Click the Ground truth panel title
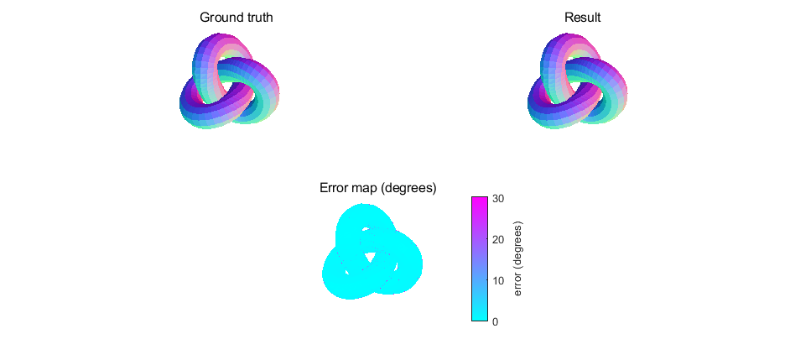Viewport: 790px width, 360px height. pyautogui.click(x=236, y=18)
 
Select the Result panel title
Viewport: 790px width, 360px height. pyautogui.click(x=582, y=18)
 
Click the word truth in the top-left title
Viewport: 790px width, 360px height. pyautogui.click(x=256, y=18)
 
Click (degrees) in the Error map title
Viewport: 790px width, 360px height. pyautogui.click(x=408, y=188)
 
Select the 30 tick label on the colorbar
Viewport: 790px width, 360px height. pyautogui.click(x=498, y=199)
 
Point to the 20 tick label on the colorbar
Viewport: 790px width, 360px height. pyautogui.click(x=498, y=240)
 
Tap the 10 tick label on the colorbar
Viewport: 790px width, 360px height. pyautogui.click(x=498, y=281)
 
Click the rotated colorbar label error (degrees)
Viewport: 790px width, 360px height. pyautogui.click(x=518, y=259)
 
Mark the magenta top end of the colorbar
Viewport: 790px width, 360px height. pyautogui.click(x=479, y=201)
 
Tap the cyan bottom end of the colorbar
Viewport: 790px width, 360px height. pyautogui.click(x=479, y=316)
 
